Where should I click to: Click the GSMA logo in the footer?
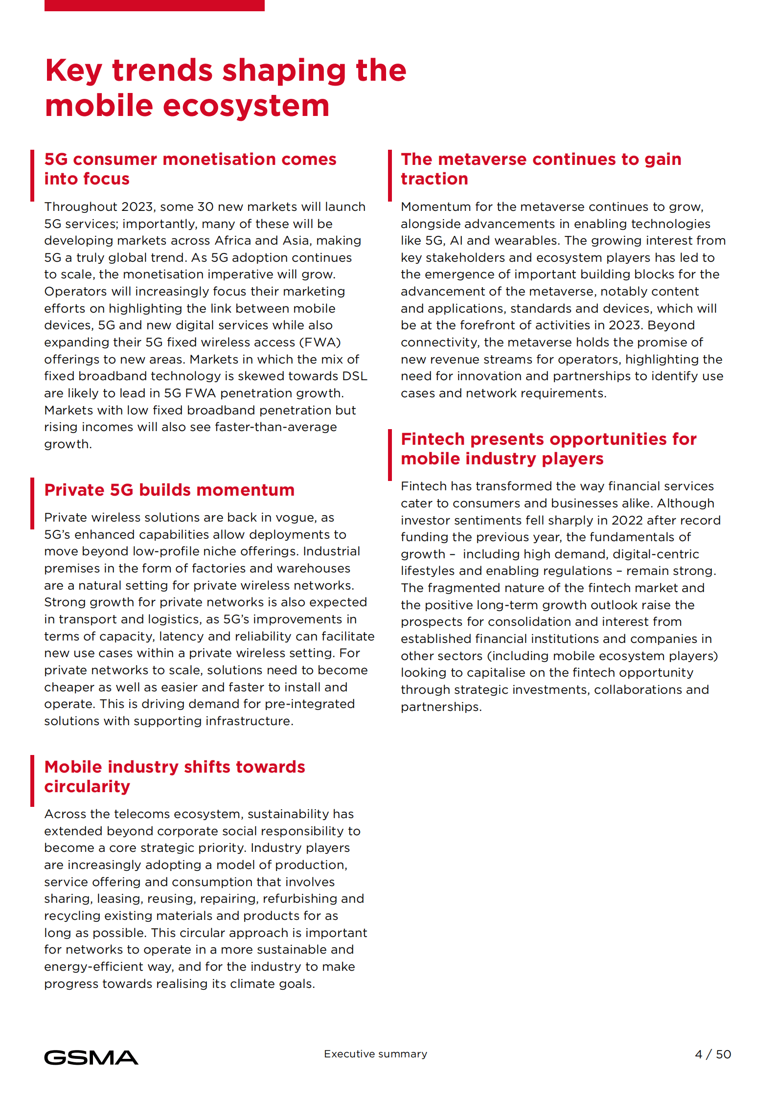(91, 1057)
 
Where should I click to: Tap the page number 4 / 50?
(712, 1054)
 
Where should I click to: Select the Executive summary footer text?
(375, 1053)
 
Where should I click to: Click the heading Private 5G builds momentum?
(169, 490)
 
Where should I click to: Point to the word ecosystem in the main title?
(246, 106)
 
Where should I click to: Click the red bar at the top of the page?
(154, 5)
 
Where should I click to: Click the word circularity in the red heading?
(87, 786)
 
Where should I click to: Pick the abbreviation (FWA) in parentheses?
(320, 342)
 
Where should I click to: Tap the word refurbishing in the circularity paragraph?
(300, 898)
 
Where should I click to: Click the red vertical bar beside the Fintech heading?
(390, 455)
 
